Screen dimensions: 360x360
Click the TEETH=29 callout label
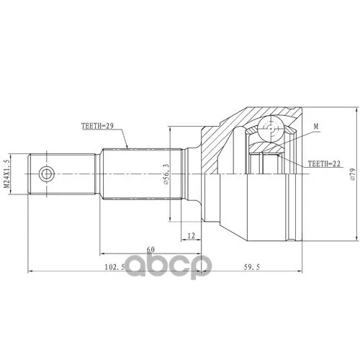97,126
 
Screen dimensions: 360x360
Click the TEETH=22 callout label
324,163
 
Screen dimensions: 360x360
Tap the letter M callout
316,126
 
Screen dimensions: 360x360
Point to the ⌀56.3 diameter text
166,174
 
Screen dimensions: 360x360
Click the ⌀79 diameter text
352,174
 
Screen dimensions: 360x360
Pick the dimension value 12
192,235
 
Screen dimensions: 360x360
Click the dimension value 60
150,250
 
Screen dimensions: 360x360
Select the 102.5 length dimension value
114,267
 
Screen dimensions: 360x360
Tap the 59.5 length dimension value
252,267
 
